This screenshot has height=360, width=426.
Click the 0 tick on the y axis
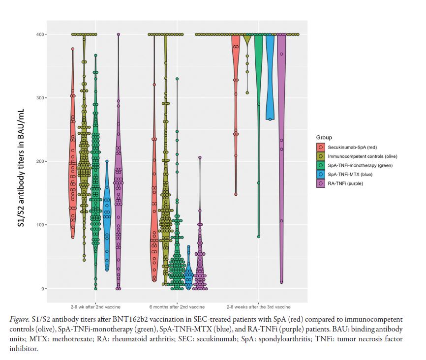[x=40, y=289]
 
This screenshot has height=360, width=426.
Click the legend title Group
[x=324, y=137]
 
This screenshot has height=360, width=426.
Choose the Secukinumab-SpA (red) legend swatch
[x=321, y=147]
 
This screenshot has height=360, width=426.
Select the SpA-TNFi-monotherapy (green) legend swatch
[x=321, y=165]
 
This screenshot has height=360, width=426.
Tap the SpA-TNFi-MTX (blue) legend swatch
[x=321, y=174]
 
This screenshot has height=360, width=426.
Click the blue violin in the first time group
[x=107, y=216]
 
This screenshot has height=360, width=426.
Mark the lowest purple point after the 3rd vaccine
[x=281, y=282]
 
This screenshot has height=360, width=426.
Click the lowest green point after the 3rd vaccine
[x=259, y=237]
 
